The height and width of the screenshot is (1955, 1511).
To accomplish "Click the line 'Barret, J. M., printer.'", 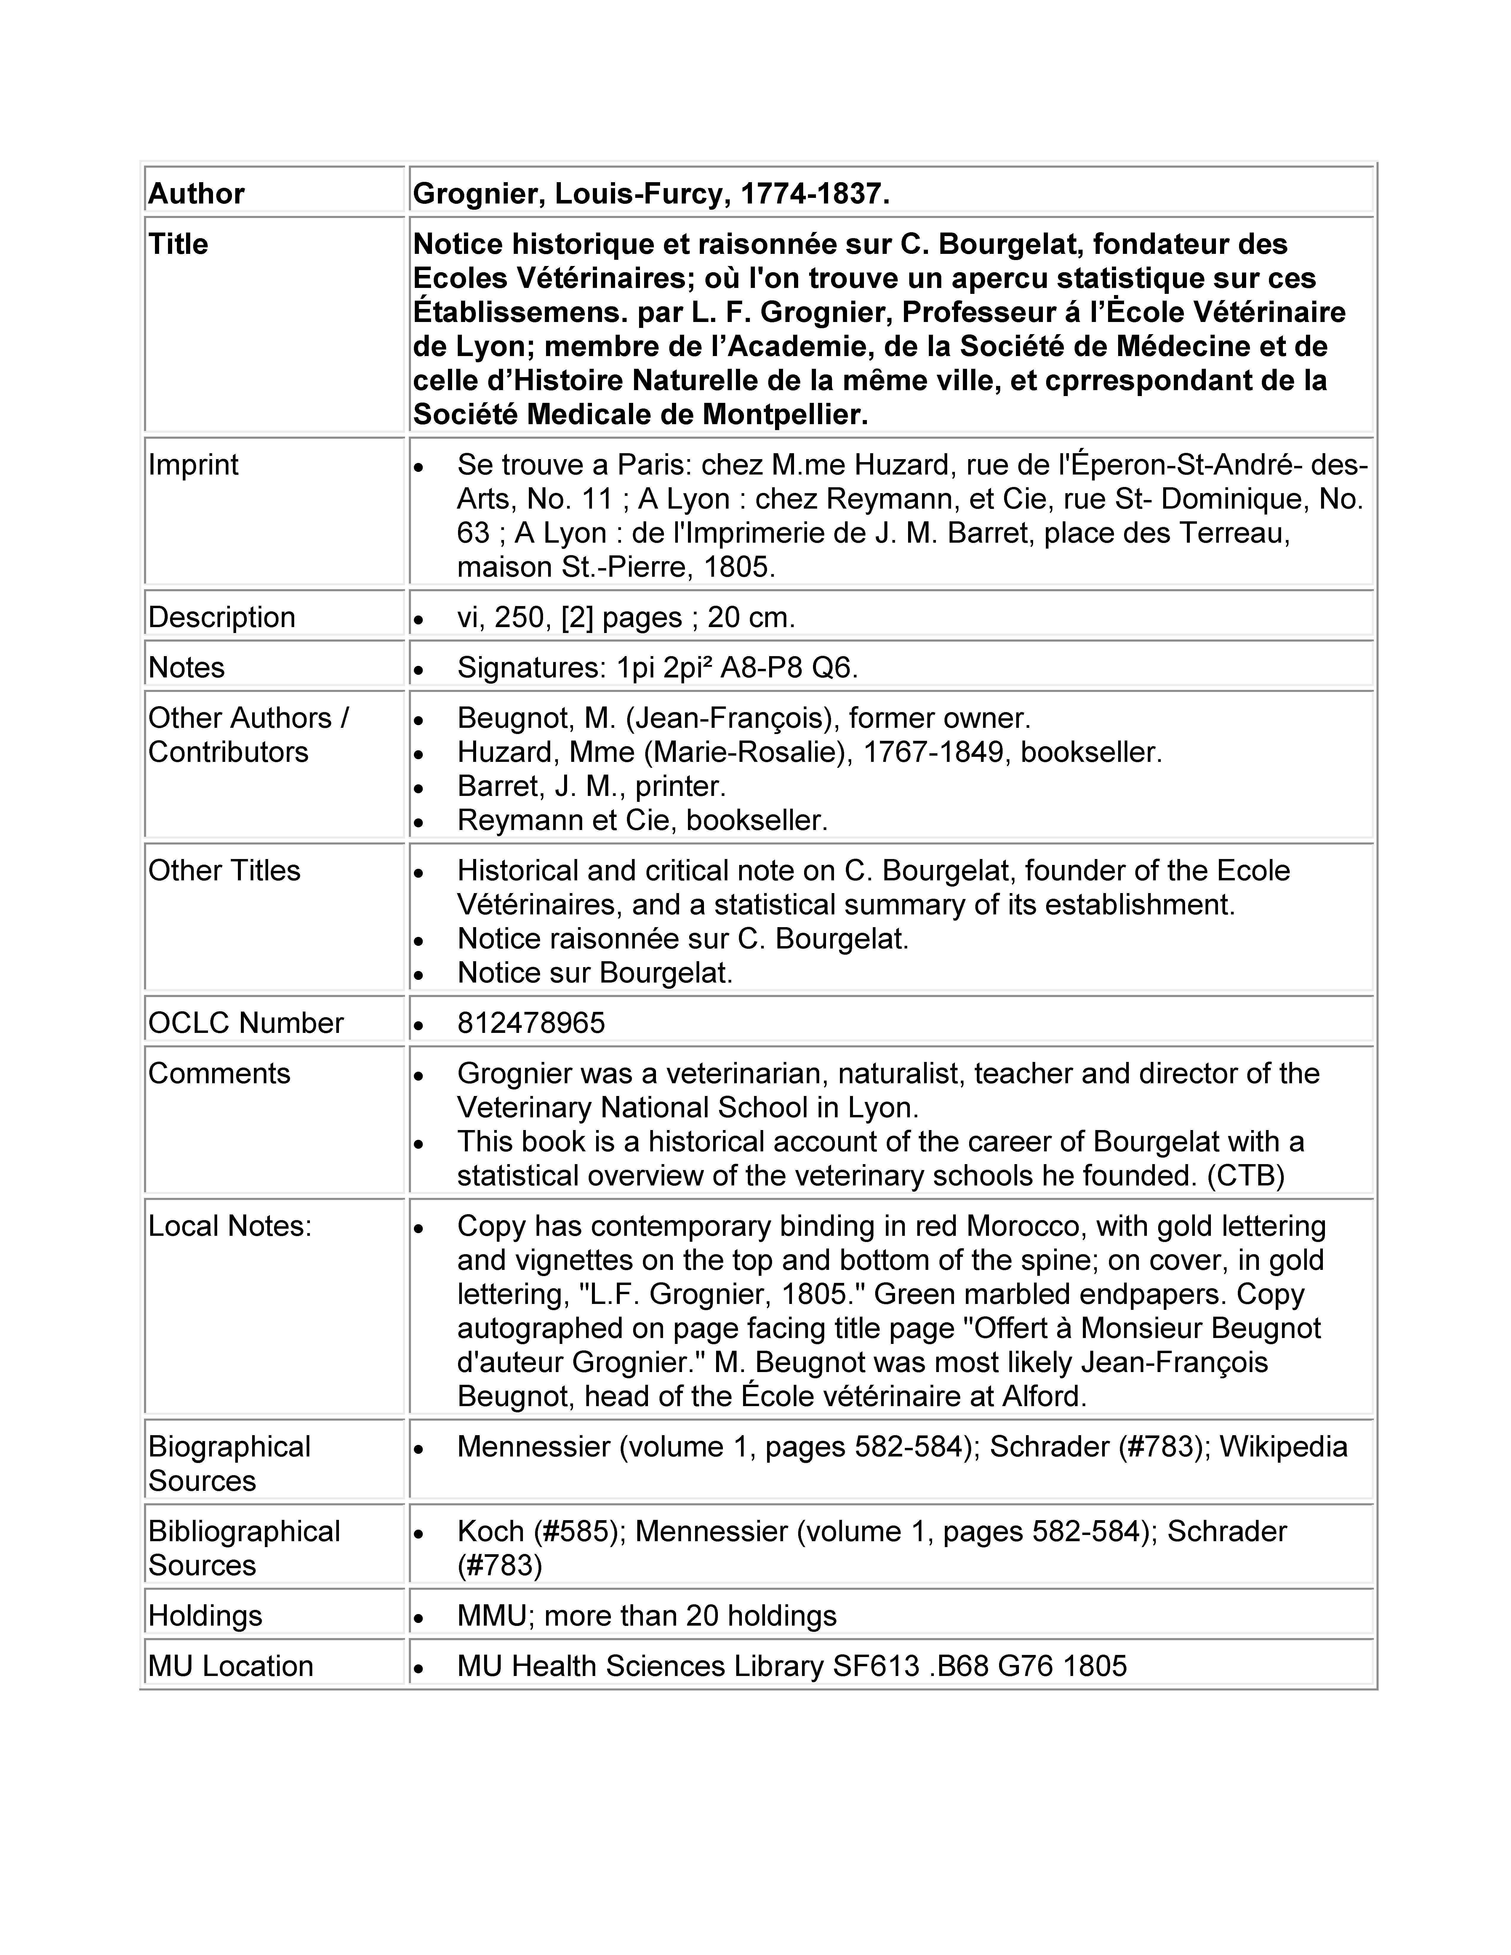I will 591,786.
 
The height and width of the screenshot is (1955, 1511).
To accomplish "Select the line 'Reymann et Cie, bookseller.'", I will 642,820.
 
